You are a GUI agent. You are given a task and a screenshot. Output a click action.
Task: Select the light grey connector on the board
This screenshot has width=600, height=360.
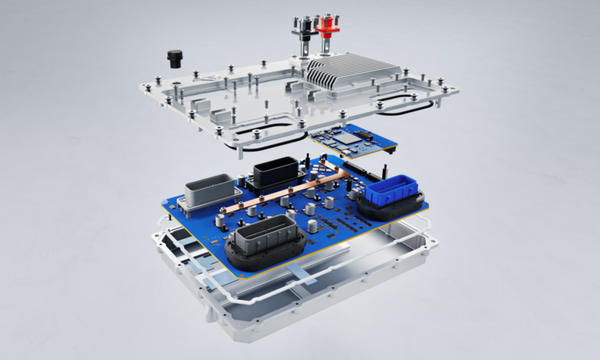pos(209,191)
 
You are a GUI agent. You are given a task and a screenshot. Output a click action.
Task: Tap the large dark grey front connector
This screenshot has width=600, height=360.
pos(262,237)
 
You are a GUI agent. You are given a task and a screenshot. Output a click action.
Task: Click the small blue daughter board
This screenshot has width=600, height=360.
pos(352,141)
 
